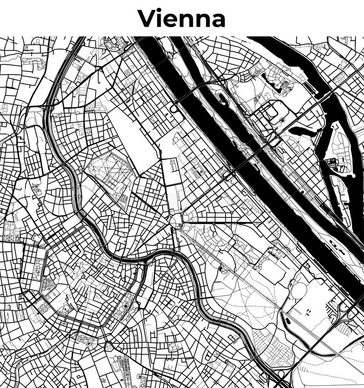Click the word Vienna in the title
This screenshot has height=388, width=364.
(182, 19)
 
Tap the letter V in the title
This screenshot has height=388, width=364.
(147, 19)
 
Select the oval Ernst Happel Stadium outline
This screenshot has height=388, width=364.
(298, 291)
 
